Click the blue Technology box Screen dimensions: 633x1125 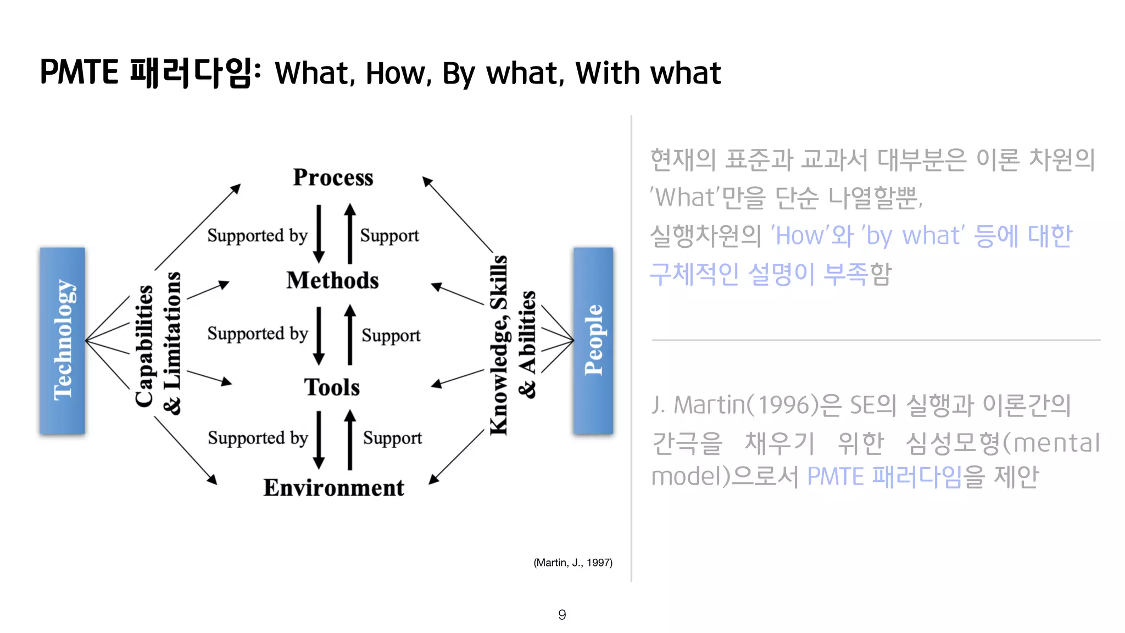pyautogui.click(x=62, y=340)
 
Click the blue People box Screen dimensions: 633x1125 pyautogui.click(x=593, y=340)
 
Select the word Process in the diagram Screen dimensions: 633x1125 pyautogui.click(x=333, y=177)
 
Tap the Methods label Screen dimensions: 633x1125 pyautogui.click(x=332, y=280)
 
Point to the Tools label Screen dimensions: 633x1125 pyautogui.click(x=332, y=387)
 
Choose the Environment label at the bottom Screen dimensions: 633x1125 pyautogui.click(x=333, y=487)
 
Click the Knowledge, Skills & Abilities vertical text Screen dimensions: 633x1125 pyautogui.click(x=512, y=345)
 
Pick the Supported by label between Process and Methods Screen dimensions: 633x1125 pyautogui.click(x=257, y=235)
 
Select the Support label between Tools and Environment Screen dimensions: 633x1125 pyautogui.click(x=392, y=438)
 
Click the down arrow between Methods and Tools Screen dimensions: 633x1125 pyautogui.click(x=319, y=335)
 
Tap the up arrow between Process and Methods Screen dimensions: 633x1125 pyautogui.click(x=350, y=234)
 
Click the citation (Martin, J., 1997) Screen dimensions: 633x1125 pyautogui.click(x=573, y=562)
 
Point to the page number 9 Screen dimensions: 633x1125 pyautogui.click(x=562, y=614)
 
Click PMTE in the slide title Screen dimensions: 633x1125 pyautogui.click(x=79, y=72)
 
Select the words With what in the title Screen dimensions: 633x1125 pyautogui.click(x=648, y=73)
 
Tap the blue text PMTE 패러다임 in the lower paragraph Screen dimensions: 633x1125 pyautogui.click(x=884, y=476)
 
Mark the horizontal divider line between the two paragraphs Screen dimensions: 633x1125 pyautogui.click(x=876, y=340)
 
